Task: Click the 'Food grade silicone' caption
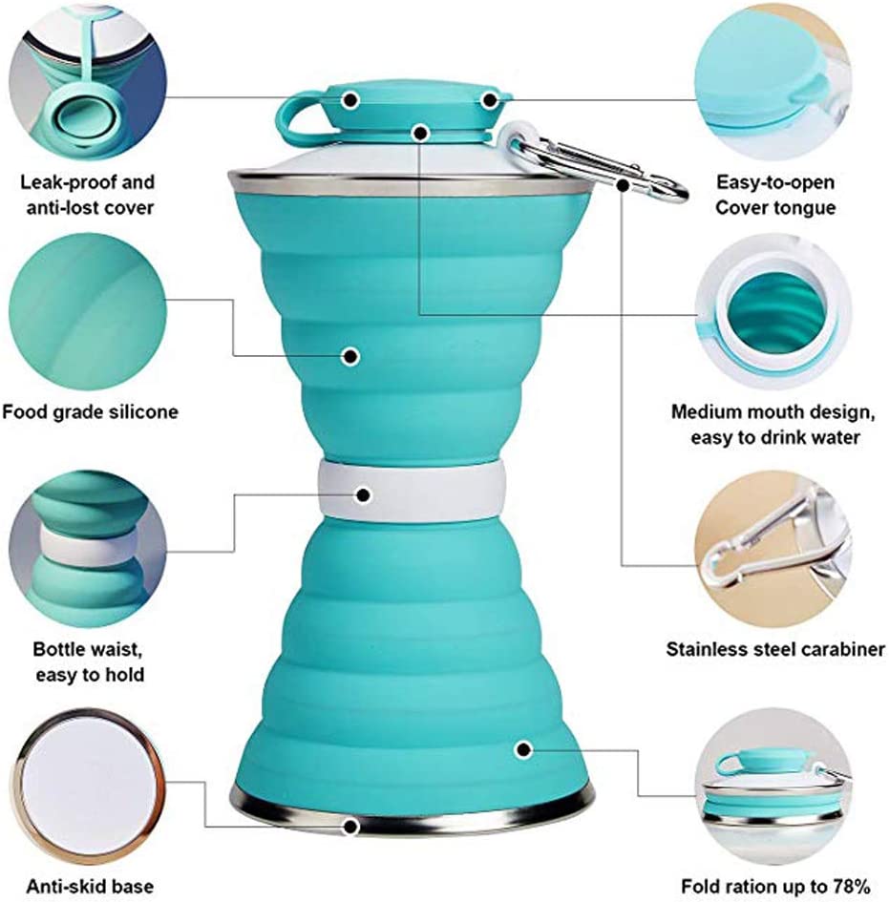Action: click(90, 412)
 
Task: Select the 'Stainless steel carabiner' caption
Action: click(775, 650)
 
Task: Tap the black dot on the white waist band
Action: click(363, 494)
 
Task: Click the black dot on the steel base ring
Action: click(351, 826)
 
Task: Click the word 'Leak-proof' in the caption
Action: click(57, 181)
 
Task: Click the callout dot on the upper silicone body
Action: click(351, 357)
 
